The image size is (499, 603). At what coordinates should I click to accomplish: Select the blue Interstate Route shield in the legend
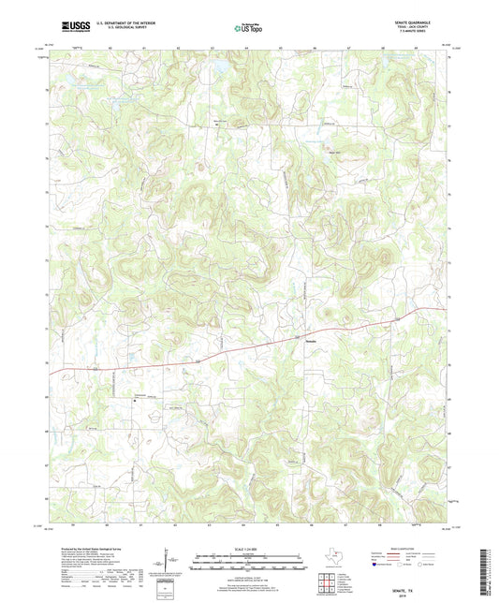(x=376, y=566)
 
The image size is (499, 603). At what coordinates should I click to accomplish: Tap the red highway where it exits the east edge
(x=443, y=309)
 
